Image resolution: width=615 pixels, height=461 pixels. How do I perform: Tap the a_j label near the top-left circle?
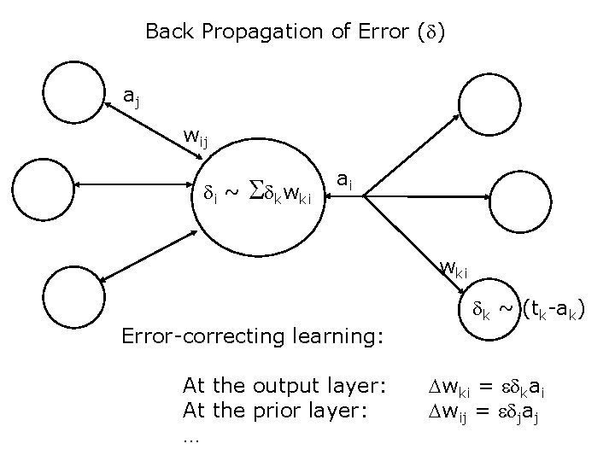tap(132, 96)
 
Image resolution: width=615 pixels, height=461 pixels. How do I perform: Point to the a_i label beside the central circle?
tap(343, 180)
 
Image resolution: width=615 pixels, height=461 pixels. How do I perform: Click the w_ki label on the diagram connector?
tap(454, 269)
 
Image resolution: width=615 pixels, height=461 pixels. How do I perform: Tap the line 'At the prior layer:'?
tap(275, 411)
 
